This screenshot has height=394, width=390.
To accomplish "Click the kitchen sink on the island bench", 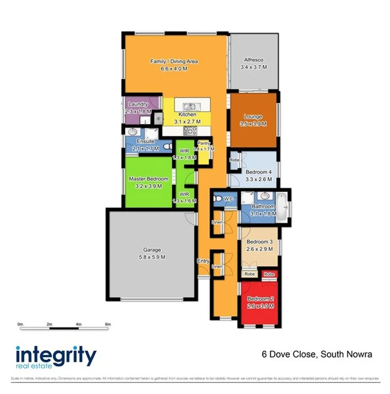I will [x=188, y=107].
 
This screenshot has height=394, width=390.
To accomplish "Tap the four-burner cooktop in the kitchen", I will [x=189, y=130].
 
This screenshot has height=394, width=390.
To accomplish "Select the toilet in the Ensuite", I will [x=167, y=145].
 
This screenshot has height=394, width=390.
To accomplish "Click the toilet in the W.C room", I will [x=217, y=199].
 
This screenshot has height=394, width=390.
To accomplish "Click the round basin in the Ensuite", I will [x=132, y=132].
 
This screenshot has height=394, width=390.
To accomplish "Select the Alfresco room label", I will [x=254, y=61].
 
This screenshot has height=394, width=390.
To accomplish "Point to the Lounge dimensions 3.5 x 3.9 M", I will [x=253, y=124].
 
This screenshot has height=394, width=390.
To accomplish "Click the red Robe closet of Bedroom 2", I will [x=269, y=274].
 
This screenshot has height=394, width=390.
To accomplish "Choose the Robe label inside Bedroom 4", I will [x=234, y=160].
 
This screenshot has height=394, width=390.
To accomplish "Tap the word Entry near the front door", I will [x=203, y=261].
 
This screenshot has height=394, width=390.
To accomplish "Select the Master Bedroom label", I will [x=149, y=179].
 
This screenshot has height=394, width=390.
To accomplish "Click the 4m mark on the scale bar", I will [x=78, y=324].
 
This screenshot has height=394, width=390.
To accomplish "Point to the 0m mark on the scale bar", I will [x=20, y=324].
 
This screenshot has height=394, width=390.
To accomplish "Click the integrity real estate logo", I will [x=56, y=357].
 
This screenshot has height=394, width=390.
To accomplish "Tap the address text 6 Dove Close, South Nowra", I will [x=316, y=354].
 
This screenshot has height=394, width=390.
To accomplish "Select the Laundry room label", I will [x=138, y=104].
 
